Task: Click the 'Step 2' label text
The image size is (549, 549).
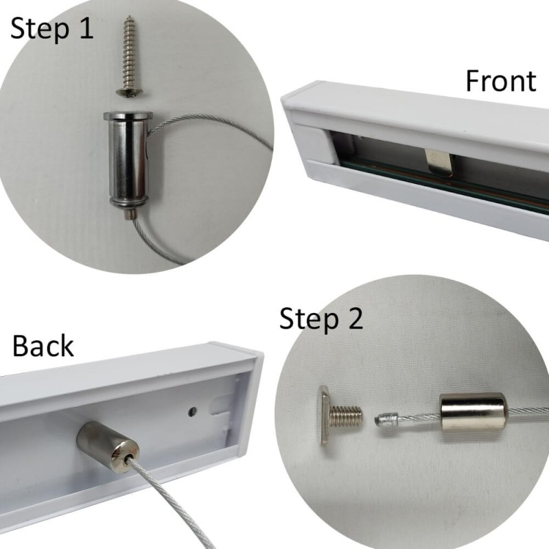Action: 320,320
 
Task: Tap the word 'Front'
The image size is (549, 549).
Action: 500,81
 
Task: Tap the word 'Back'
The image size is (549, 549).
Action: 43,347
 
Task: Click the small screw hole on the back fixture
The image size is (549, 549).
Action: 191,412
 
